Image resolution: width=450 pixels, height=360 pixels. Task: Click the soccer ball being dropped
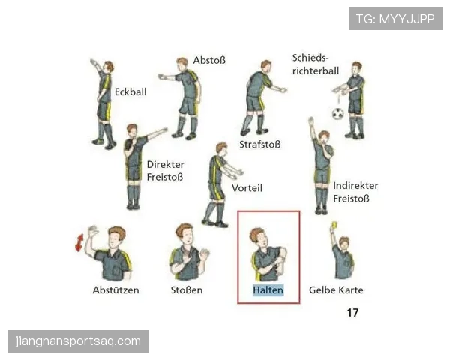click(x=338, y=114)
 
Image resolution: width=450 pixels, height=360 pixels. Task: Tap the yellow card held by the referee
click(x=334, y=225)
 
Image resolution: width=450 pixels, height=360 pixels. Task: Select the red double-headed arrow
click(x=79, y=242)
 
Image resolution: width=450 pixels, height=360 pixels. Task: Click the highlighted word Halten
click(x=268, y=290)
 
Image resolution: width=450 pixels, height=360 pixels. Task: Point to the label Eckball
click(x=130, y=91)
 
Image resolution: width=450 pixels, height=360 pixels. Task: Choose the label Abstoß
click(x=209, y=60)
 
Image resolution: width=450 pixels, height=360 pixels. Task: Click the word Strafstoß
click(x=260, y=145)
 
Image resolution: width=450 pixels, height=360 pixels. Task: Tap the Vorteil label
click(x=247, y=188)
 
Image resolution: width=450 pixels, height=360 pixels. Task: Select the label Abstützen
click(x=116, y=290)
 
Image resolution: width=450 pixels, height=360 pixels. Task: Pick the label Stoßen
click(x=187, y=290)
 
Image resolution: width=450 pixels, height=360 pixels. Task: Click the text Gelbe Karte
click(x=336, y=290)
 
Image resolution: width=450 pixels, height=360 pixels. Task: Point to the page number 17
click(x=352, y=312)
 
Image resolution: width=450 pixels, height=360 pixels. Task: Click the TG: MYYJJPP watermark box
click(x=395, y=19)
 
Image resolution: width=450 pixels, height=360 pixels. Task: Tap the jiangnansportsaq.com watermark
click(x=78, y=341)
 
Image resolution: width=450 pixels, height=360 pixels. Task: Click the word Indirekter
click(x=355, y=186)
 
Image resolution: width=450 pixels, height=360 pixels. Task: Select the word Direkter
click(x=165, y=164)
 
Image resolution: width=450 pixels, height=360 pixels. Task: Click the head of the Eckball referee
click(x=109, y=67)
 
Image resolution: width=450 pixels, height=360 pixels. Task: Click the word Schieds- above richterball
click(x=310, y=58)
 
